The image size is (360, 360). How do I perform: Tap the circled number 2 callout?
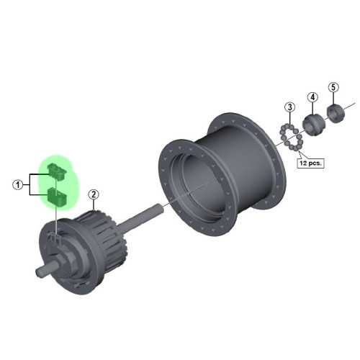[x=93, y=194]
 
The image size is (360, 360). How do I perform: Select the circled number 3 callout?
[x=289, y=108]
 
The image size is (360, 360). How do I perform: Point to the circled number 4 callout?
[x=312, y=97]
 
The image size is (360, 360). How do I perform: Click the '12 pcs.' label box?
[x=310, y=163]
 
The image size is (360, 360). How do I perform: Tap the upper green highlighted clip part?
[x=55, y=171]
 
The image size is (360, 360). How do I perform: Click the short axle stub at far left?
[x=45, y=272]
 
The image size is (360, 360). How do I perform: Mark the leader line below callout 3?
[x=289, y=118]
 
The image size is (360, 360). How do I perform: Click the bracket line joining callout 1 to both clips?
[x=30, y=184]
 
